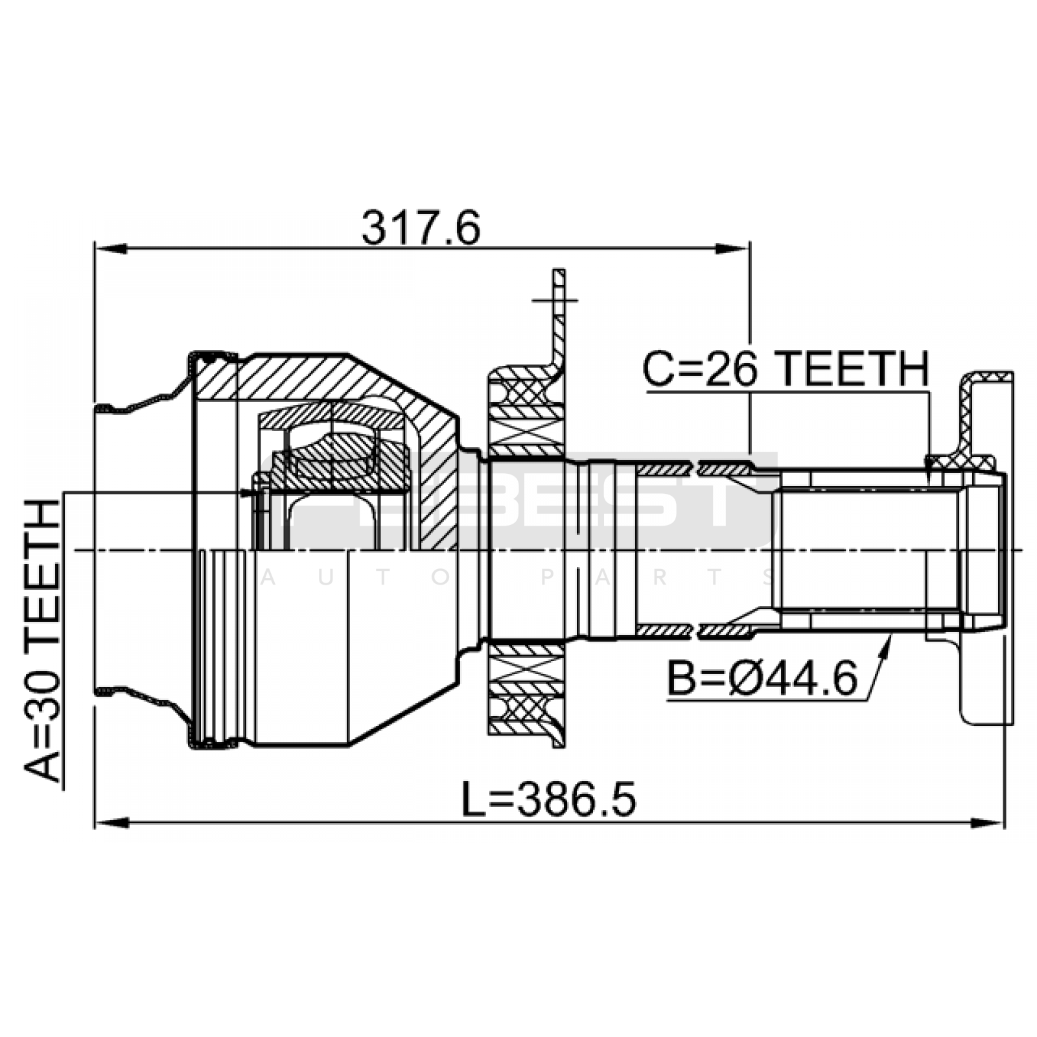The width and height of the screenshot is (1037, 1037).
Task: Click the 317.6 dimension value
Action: [x=421, y=227]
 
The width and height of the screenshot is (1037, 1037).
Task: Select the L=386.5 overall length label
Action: [x=548, y=799]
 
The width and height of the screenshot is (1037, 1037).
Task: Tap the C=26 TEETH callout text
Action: [x=786, y=368]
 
